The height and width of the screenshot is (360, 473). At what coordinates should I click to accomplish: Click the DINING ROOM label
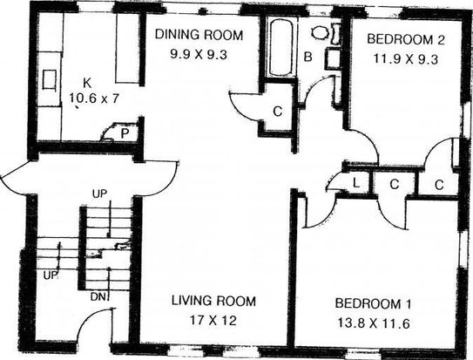click(199, 35)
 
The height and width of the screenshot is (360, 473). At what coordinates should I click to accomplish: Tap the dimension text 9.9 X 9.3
click(199, 55)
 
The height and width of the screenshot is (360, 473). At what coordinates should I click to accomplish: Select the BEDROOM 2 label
click(406, 39)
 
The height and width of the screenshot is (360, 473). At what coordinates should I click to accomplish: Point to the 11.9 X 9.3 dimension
click(406, 59)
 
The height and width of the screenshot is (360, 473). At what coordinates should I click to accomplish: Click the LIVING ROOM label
click(213, 301)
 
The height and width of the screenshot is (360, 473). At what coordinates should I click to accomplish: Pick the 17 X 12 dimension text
click(213, 321)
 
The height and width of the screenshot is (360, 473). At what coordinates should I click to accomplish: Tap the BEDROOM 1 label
click(373, 303)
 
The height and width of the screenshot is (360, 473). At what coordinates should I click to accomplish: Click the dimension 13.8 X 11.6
click(373, 323)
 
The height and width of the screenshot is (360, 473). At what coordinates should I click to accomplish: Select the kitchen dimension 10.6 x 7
click(94, 98)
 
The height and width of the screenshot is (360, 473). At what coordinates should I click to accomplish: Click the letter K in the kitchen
click(87, 83)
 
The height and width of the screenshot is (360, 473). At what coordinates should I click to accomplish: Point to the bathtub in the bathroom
click(280, 47)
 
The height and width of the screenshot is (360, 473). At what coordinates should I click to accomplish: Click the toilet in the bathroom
click(327, 33)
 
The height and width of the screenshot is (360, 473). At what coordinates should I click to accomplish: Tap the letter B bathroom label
click(307, 57)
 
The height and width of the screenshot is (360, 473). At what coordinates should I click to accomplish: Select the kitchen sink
click(49, 79)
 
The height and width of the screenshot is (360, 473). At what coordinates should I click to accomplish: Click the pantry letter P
click(125, 133)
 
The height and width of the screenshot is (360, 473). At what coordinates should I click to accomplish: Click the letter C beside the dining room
click(278, 112)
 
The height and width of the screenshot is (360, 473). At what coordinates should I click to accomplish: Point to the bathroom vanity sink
click(333, 59)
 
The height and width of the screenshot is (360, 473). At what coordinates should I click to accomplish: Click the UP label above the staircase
click(100, 194)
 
